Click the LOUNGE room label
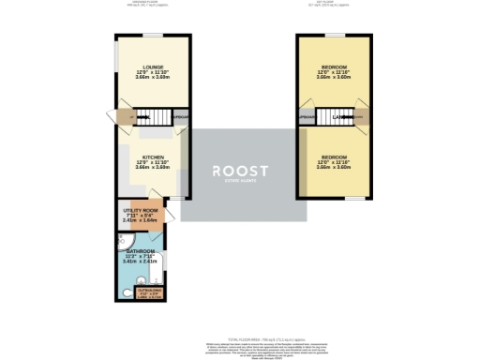coord(153,67)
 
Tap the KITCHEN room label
coord(153,157)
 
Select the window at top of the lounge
coord(153,35)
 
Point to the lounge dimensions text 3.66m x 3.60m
coord(153,78)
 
